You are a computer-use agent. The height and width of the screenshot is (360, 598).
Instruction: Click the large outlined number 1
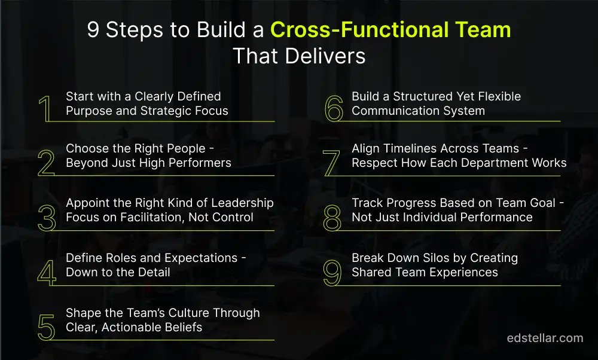(x=45, y=108)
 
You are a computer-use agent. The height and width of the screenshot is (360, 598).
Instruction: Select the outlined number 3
(x=46, y=217)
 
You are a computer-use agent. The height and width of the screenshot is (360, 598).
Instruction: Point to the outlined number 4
(x=46, y=272)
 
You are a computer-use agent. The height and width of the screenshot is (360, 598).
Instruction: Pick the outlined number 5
(x=46, y=327)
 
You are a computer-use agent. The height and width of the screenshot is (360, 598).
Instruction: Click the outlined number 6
(x=333, y=108)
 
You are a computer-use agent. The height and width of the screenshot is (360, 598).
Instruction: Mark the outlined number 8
(x=332, y=217)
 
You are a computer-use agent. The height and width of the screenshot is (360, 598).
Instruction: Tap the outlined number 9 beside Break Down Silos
(x=332, y=272)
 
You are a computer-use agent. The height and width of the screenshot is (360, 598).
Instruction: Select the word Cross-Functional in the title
(x=348, y=30)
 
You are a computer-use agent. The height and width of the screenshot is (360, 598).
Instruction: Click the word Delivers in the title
(x=332, y=56)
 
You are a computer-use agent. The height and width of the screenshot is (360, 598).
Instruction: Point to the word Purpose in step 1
(x=91, y=111)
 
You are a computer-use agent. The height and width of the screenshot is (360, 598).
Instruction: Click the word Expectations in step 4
(x=188, y=258)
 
